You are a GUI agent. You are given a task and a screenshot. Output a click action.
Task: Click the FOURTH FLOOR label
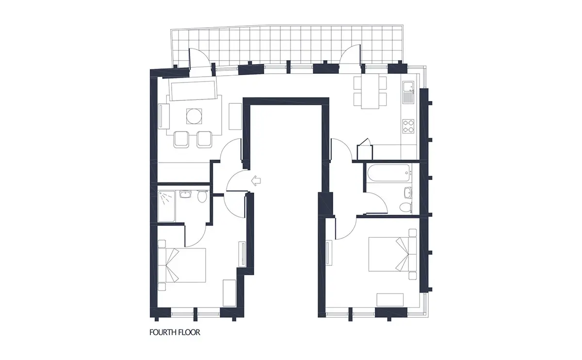tap(175, 332)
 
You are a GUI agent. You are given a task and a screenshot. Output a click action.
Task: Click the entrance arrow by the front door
tap(256, 180)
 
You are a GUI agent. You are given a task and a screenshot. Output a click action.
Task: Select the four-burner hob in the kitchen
tap(408, 126)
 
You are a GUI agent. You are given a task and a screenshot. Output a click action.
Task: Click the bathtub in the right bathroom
tap(388, 173)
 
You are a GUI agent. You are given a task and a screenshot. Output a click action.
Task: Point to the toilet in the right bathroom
tap(405, 207)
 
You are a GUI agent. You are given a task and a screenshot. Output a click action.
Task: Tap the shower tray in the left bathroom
tap(166, 206)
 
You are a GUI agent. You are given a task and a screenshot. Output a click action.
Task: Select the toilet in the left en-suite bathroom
tap(202, 196)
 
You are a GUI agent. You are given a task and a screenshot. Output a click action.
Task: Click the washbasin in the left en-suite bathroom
tap(185, 194)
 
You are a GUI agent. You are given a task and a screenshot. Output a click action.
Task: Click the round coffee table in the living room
tap(194, 116)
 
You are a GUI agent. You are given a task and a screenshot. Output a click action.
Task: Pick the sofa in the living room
tap(193, 90)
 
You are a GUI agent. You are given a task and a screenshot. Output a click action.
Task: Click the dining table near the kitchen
tap(370, 93)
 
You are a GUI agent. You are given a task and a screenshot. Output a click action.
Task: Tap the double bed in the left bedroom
tap(182, 265)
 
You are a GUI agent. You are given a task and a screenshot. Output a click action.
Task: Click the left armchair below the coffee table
tap(181, 140)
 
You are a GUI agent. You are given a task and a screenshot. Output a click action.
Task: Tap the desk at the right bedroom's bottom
tap(390, 300)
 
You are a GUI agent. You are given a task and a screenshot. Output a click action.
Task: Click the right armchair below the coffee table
tap(204, 140)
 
